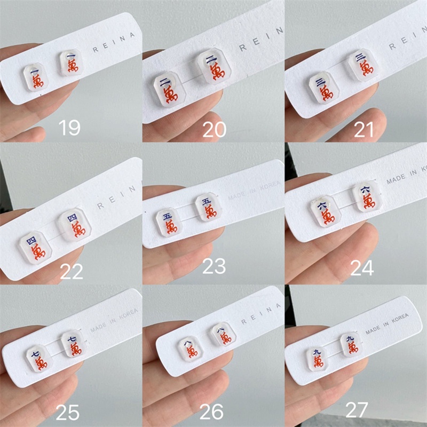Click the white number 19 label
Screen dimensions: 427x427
69,129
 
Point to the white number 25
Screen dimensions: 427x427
68,412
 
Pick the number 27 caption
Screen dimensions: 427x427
357,410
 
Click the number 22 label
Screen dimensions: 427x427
72,272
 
